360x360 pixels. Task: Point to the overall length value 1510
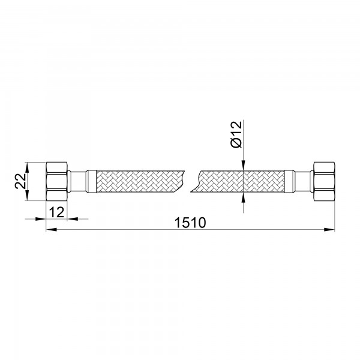click(190, 223)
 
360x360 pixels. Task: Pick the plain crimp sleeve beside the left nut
click(77, 180)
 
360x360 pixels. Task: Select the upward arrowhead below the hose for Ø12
click(243, 197)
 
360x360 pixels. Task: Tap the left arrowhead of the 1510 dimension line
click(50, 229)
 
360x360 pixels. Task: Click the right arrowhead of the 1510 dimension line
click(331, 229)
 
